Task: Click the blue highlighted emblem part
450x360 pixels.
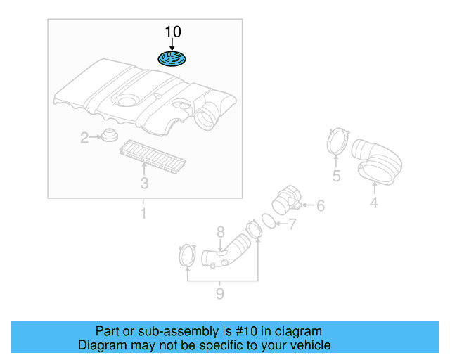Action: (x=172, y=58)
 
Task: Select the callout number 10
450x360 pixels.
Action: (x=172, y=32)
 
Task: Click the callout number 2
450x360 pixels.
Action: (x=84, y=138)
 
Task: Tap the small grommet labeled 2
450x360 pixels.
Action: (x=108, y=136)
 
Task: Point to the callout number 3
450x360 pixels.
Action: (x=144, y=184)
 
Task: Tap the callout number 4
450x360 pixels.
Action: (x=374, y=203)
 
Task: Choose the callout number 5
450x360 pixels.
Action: (x=336, y=176)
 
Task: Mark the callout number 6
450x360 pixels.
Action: (x=321, y=206)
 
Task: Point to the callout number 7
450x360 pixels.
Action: (x=292, y=224)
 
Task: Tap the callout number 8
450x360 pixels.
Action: (x=220, y=231)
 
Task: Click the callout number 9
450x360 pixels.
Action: (x=220, y=293)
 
